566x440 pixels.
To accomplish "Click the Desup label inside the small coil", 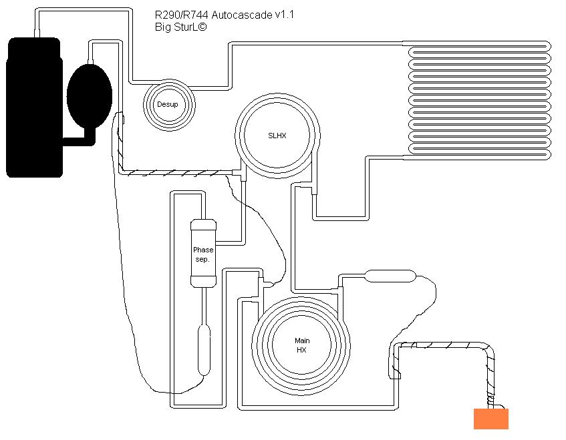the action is pos(168,105).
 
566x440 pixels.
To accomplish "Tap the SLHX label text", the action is pos(277,136).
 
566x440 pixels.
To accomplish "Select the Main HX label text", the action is pos(302,345).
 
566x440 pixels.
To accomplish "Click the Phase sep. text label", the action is pos(203,254).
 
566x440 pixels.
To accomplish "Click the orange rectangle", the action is pos(491,419).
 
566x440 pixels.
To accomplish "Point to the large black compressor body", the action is pos(34,107).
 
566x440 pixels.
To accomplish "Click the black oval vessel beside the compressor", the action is pos(90,95).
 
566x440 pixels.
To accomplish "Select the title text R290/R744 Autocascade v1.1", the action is pos(224,15).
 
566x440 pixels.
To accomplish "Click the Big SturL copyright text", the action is pos(181,27).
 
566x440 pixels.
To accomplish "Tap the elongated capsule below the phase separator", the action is pos(204,350).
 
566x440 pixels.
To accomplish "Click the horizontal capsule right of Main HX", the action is pos(390,276).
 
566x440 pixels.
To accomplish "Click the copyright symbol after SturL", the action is pos(202,27).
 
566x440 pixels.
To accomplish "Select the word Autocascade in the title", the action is pos(242,15).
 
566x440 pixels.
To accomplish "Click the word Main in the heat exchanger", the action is pos(302,341).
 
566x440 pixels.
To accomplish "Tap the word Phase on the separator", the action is pos(203,250).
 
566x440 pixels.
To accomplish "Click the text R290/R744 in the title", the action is pos(182,15).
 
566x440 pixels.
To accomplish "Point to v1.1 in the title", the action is pos(285,15).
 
